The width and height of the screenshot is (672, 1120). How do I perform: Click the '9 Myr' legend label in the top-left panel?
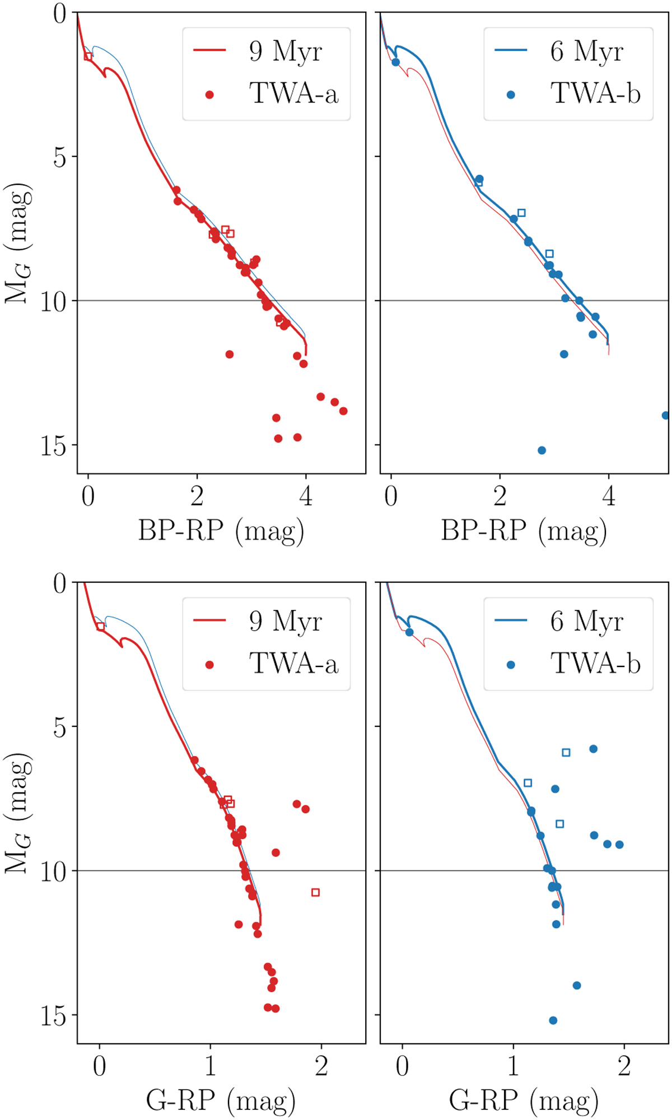285,52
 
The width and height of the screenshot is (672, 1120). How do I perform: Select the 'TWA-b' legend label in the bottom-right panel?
595,664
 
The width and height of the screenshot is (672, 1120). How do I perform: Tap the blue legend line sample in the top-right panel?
511,50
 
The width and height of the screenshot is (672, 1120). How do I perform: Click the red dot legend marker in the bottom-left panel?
209,665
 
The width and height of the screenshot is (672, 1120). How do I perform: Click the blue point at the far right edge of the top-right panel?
665,416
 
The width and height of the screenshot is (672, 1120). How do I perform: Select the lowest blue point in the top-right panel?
542,450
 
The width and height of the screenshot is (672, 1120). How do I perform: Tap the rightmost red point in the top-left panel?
343,411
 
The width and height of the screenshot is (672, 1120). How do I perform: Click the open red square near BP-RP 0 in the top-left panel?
88,56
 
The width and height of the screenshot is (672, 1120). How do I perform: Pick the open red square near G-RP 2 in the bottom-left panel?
315,892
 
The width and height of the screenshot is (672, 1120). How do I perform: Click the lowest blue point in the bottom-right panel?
553,1020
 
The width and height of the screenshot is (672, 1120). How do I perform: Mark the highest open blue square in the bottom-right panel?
566,753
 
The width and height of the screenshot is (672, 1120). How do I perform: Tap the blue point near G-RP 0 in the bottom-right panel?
409,632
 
